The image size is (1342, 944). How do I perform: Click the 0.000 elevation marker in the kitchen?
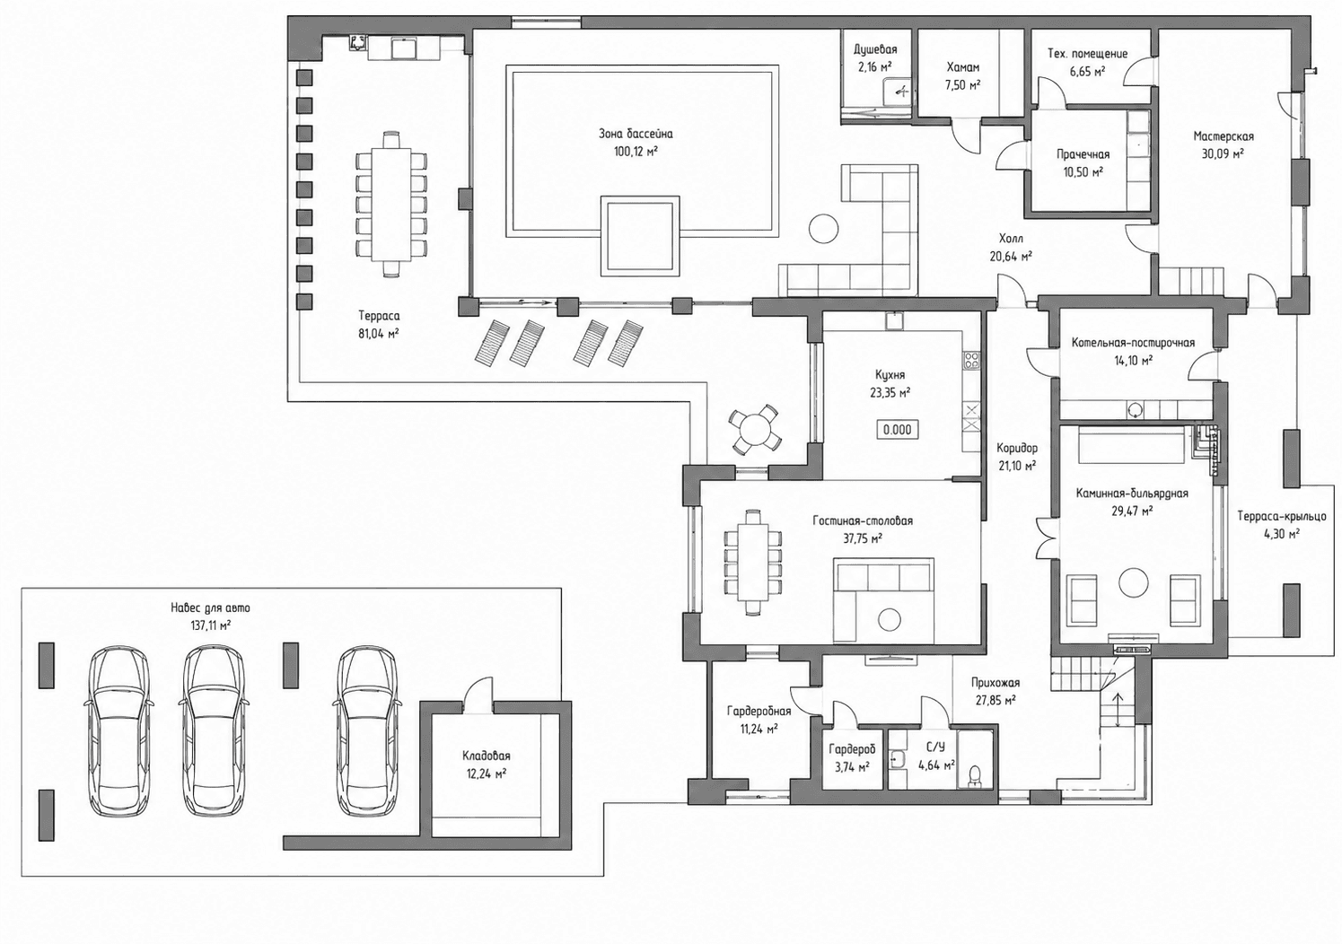click(898, 430)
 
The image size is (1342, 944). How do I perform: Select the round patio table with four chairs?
click(755, 428)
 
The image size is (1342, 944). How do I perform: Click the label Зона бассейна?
click(636, 134)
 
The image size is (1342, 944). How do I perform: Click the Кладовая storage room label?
click(486, 756)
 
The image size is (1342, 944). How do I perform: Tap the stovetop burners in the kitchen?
click(971, 361)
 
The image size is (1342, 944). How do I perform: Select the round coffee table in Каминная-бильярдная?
click(1134, 582)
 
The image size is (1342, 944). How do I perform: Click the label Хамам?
click(963, 67)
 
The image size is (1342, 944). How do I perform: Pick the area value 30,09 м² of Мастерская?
click(1223, 154)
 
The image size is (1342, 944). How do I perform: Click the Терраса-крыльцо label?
click(1282, 516)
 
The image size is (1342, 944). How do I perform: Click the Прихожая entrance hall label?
click(996, 682)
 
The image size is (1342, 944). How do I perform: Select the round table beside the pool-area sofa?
click(824, 228)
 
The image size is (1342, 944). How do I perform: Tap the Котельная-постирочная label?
click(1133, 343)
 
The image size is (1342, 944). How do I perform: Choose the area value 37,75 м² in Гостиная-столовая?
click(862, 538)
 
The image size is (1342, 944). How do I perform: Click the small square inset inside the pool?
click(640, 236)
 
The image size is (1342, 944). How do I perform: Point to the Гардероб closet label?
click(852, 749)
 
